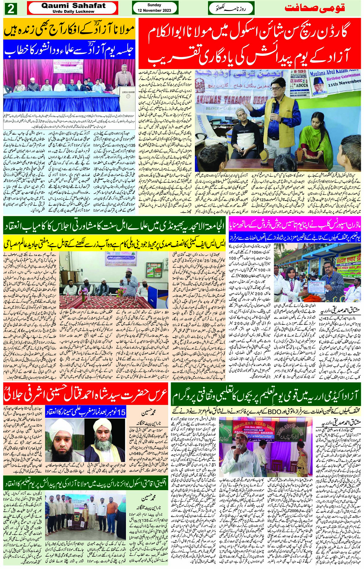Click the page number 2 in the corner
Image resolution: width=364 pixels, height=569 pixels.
(x=10, y=8)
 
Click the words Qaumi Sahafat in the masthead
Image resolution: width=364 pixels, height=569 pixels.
(x=73, y=5)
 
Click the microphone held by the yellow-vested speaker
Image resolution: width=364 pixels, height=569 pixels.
(x=273, y=107)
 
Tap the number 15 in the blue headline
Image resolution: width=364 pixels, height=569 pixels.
(x=121, y=412)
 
